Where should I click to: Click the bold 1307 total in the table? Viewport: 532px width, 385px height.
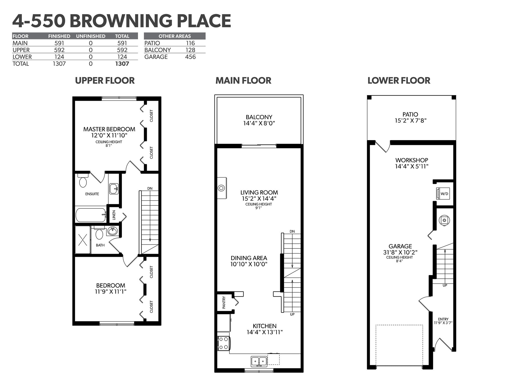pyautogui.click(x=122, y=64)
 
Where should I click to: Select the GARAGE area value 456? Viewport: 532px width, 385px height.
pyautogui.click(x=190, y=57)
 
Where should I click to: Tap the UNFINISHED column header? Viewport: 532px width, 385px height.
pyautogui.click(x=91, y=36)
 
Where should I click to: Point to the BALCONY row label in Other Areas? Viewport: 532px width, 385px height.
pyautogui.click(x=158, y=50)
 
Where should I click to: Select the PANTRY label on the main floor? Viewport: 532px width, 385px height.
pyautogui.click(x=224, y=302)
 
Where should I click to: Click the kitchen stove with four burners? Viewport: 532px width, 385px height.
pyautogui.click(x=223, y=343)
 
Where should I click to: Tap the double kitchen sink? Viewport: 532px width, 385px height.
pyautogui.click(x=259, y=361)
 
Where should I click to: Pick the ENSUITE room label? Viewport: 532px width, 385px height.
pyautogui.click(x=92, y=194)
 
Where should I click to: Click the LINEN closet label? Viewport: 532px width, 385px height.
pyautogui.click(x=114, y=215)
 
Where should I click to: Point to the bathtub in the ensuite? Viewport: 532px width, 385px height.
pyautogui.click(x=91, y=215)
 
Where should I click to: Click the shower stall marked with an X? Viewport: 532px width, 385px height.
pyautogui.click(x=83, y=240)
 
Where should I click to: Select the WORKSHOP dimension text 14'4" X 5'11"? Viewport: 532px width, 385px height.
pyautogui.click(x=412, y=167)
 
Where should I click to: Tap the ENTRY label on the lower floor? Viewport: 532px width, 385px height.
pyautogui.click(x=443, y=319)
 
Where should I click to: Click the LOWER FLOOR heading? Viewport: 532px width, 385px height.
pyautogui.click(x=399, y=80)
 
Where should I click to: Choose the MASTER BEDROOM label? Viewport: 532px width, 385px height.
pyautogui.click(x=109, y=129)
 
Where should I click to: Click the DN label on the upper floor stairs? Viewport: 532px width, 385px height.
pyautogui.click(x=150, y=188)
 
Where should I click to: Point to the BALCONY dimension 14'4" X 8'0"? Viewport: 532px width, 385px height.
pyautogui.click(x=259, y=123)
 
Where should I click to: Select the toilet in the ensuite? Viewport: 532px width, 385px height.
pyautogui.click(x=83, y=180)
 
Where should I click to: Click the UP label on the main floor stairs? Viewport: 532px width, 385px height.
pyautogui.click(x=292, y=314)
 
